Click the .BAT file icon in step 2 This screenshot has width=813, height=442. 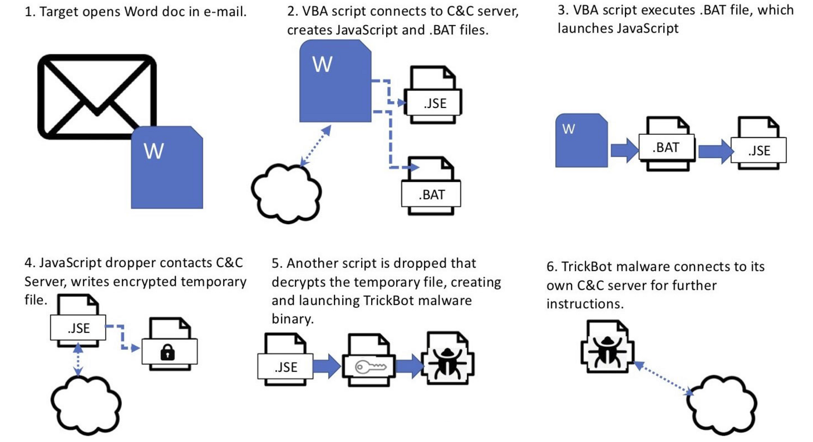pos(431,185)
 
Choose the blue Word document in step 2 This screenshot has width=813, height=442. pos(335,81)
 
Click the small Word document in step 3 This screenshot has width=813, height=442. pos(581,141)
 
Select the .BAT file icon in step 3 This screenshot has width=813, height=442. pos(667,143)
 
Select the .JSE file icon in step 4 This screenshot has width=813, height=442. pos(78,325)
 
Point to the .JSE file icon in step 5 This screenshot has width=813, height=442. pos(285,363)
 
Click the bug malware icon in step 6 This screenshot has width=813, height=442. pos(606,347)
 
